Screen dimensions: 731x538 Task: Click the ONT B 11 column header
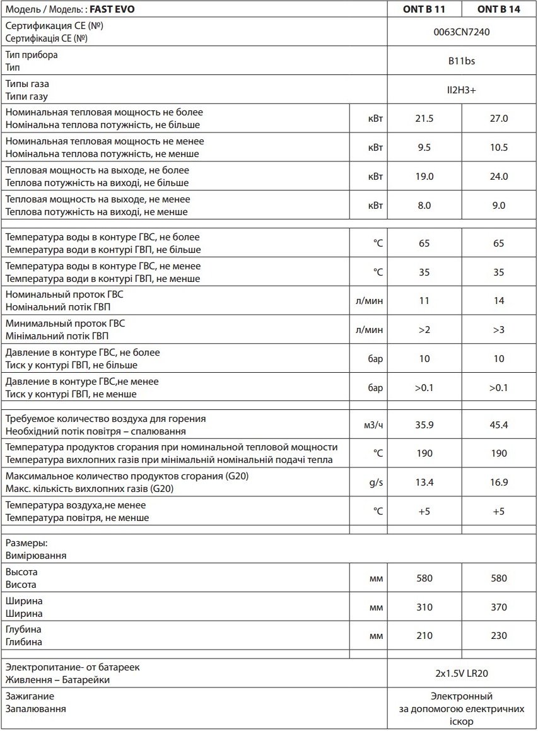point(424,9)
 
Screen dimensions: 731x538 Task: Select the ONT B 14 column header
point(498,9)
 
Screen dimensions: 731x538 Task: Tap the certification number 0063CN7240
point(461,32)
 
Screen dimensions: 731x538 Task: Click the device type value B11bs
point(461,61)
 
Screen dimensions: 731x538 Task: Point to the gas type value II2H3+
point(461,90)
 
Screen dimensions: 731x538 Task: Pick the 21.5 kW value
point(424,119)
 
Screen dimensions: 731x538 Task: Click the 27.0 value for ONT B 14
point(498,119)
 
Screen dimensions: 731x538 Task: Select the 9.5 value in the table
point(424,148)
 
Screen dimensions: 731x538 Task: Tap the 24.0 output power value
point(498,177)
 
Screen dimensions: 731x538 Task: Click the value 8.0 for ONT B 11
point(424,206)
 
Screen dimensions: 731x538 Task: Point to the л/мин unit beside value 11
point(369,301)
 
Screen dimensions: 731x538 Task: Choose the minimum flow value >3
point(498,330)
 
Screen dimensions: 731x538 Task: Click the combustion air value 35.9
point(424,425)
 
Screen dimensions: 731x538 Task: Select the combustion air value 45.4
point(498,425)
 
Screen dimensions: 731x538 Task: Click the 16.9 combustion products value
point(498,482)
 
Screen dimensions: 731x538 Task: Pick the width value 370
point(498,607)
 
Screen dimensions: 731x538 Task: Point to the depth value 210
point(424,636)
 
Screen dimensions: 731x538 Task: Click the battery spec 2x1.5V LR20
point(461,674)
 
